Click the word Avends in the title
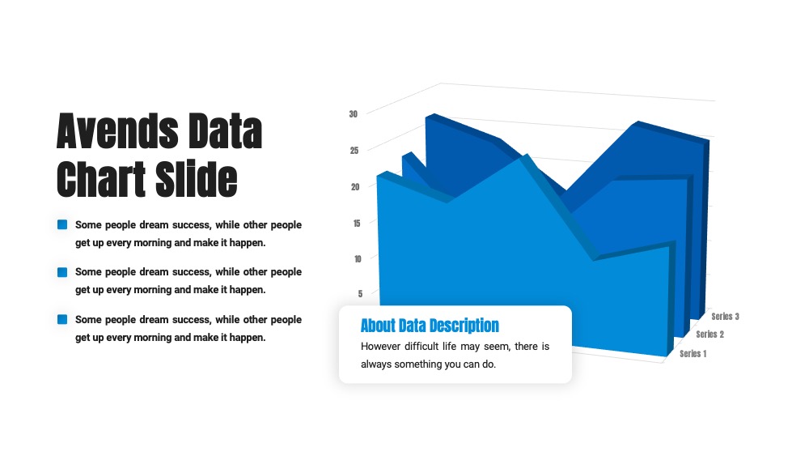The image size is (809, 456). coord(117,131)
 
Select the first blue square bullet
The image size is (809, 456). coord(62,224)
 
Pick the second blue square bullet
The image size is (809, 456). coord(62,272)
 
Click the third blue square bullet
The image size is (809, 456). coord(62,320)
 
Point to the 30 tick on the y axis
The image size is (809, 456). coord(354,114)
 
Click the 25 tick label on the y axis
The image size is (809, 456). coord(354,151)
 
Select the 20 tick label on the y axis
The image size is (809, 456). coord(355,187)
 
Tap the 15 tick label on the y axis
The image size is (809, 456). coord(357,223)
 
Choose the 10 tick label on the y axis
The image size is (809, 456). coord(358,258)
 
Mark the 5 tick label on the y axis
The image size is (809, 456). coord(360,294)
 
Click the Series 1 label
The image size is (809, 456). coord(693,354)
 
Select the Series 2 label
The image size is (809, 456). coord(710,335)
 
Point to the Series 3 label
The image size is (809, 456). coord(725,317)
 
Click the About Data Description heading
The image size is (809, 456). coord(430,326)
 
